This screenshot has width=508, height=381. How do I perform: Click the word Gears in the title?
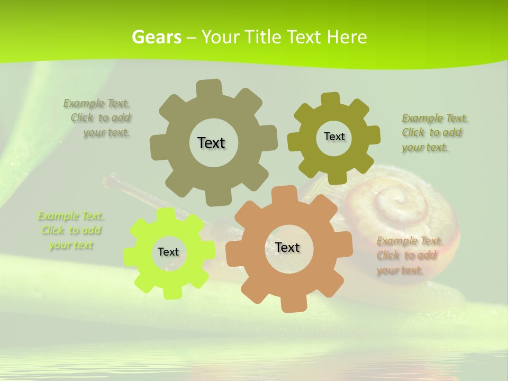tap(156, 37)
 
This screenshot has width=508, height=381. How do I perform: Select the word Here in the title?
tap(347, 37)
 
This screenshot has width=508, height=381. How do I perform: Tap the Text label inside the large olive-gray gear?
tap(212, 143)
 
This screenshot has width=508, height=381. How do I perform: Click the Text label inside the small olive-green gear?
tap(334, 137)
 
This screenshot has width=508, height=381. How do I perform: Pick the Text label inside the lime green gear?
tap(168, 252)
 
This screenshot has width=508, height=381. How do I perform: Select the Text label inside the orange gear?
tap(287, 247)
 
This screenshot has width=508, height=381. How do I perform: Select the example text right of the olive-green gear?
tap(434, 132)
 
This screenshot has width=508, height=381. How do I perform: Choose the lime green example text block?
tap(70, 230)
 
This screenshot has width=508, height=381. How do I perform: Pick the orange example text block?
tap(409, 256)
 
